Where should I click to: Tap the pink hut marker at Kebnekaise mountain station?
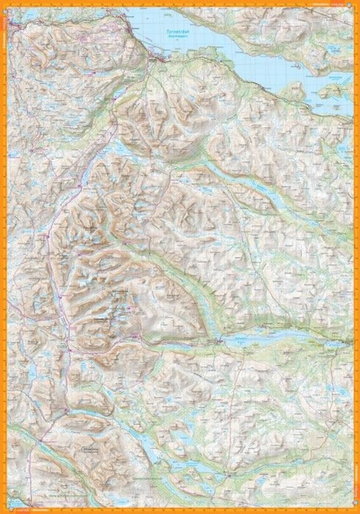coord(135,337)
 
